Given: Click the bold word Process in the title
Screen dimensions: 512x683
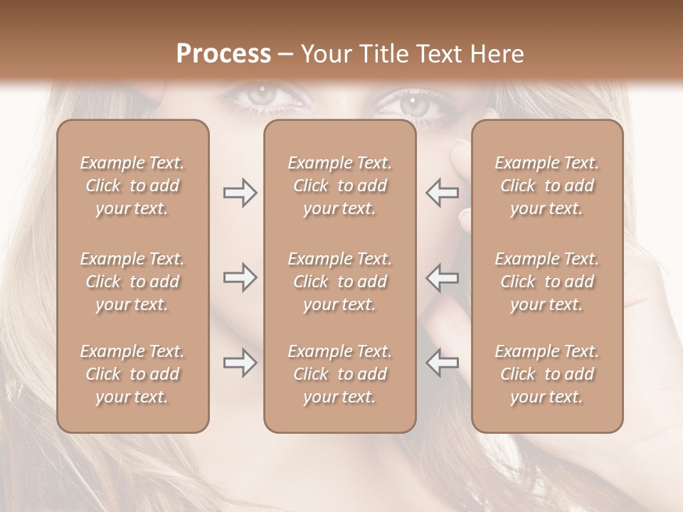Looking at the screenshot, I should (223, 53).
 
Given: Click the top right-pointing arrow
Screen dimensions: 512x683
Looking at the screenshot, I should (240, 193).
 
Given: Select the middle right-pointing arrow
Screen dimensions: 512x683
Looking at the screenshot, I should (240, 277).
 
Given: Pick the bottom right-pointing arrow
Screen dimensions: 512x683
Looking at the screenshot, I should (240, 363).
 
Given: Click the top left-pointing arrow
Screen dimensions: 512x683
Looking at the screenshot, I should (442, 193).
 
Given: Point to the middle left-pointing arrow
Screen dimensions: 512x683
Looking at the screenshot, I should (442, 277).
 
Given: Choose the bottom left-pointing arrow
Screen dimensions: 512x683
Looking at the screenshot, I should (442, 363).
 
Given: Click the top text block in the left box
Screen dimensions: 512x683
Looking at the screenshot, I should (132, 186).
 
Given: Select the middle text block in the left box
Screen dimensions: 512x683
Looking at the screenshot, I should (132, 282).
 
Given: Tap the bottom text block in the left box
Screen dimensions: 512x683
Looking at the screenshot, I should (132, 374).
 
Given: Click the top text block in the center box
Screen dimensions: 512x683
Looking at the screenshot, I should (340, 186).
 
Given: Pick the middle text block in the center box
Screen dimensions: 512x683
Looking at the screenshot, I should (340, 282).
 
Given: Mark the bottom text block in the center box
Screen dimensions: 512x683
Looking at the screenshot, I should (340, 374).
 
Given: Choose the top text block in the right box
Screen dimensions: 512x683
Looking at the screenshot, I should (547, 186).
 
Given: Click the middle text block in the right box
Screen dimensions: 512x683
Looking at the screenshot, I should (547, 282).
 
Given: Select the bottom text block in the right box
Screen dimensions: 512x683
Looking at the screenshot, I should (547, 374).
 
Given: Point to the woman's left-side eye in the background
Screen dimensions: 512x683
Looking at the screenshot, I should (263, 94).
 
